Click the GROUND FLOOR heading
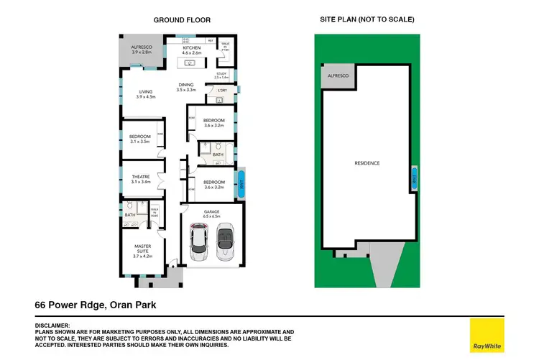pyautogui.click(x=183, y=20)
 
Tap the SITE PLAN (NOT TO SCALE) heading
pyautogui.click(x=367, y=19)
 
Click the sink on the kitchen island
pyautogui.click(x=192, y=63)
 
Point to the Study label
pyautogui.click(x=221, y=75)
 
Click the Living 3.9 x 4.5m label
pyautogui.click(x=147, y=94)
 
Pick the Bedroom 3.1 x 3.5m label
pyautogui.click(x=139, y=139)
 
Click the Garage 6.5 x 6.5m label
pyautogui.click(x=211, y=213)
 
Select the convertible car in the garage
pyautogui.click(x=225, y=241)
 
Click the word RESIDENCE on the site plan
pyautogui.click(x=367, y=163)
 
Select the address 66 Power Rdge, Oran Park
pyautogui.click(x=96, y=305)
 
